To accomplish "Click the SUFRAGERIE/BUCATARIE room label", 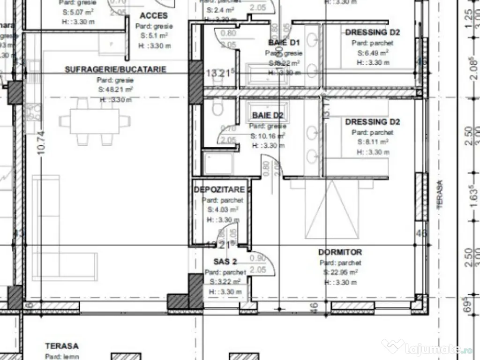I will pyautogui.click(x=115, y=69).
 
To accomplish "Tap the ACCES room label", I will pyautogui.click(x=154, y=16).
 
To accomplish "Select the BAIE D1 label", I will pyautogui.click(x=284, y=43).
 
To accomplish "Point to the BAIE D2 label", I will pyautogui.click(x=268, y=115).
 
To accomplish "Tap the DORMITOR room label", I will pyautogui.click(x=340, y=252).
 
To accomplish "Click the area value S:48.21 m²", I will pyautogui.click(x=115, y=89).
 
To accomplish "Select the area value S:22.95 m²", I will pyautogui.click(x=341, y=272).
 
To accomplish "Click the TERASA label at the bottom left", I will pyautogui.click(x=62, y=346).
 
